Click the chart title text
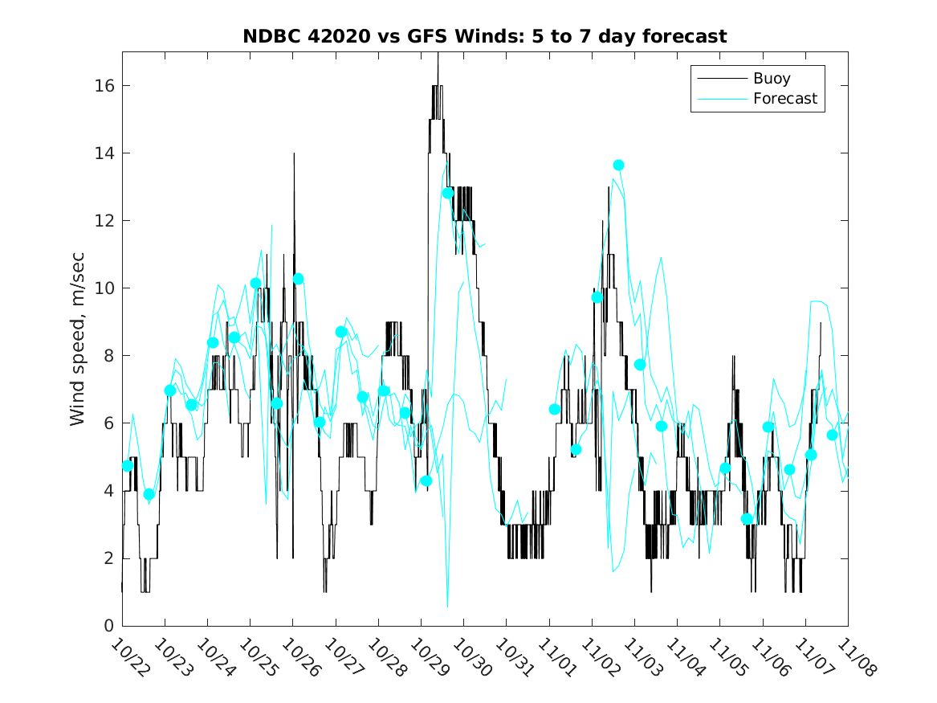click(485, 37)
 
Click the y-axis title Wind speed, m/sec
click(78, 338)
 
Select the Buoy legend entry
click(771, 79)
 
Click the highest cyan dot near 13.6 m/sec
click(618, 166)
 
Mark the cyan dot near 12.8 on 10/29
click(448, 193)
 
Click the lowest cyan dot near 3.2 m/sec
click(747, 519)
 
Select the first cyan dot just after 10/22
click(128, 466)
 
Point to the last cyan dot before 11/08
click(832, 435)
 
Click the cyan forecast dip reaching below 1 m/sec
click(447, 604)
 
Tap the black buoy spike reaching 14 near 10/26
click(294, 154)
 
